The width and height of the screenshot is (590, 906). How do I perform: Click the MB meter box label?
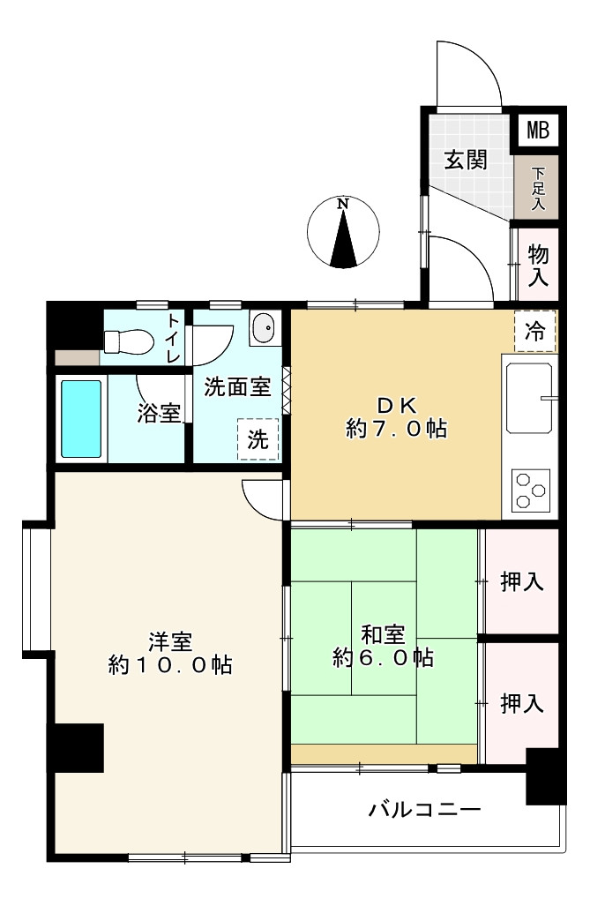[x=537, y=130]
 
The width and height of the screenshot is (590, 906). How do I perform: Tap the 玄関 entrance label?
[x=466, y=160]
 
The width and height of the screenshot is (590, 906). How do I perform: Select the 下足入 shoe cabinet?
[x=537, y=188]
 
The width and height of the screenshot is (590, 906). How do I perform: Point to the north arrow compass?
[x=344, y=232]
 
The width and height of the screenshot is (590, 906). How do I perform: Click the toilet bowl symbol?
[x=128, y=341]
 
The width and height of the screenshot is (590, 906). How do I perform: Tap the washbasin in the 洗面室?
[x=265, y=328]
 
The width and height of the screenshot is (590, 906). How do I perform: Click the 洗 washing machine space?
[x=258, y=439]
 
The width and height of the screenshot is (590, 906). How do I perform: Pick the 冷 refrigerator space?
[x=535, y=331]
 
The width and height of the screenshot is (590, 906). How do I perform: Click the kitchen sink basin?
[x=529, y=398]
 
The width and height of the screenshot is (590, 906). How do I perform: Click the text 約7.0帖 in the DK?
[x=396, y=429]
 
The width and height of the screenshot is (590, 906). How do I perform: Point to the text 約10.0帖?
[x=170, y=665]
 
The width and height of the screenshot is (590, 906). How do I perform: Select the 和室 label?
[x=383, y=634]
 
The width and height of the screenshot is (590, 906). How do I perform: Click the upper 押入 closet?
[x=522, y=580]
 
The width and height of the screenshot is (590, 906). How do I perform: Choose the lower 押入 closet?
[x=522, y=702]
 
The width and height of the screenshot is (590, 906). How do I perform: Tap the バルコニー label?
[x=425, y=809]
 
